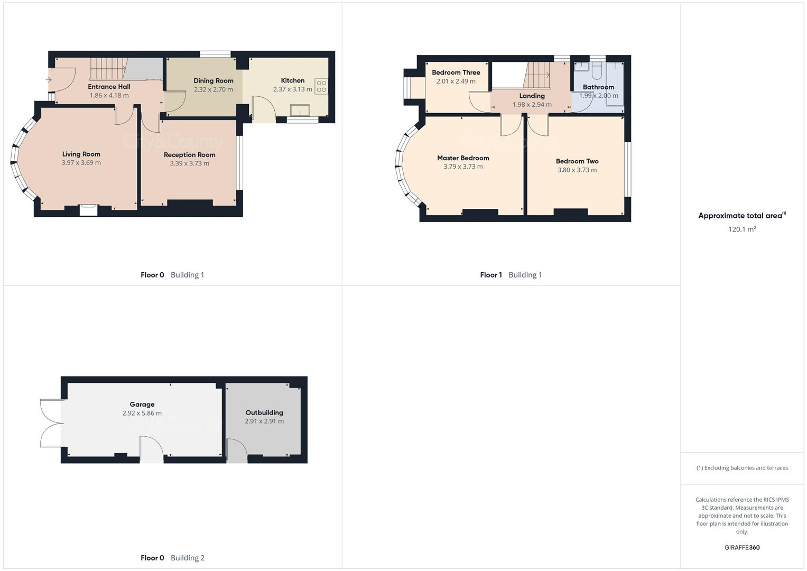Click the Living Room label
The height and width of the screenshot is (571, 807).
(x=81, y=154)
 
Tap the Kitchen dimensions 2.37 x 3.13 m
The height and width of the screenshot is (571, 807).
(x=292, y=89)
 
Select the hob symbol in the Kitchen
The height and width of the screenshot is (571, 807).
(x=321, y=87)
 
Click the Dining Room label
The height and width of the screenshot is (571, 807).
(x=213, y=81)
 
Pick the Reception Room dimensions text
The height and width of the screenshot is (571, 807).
(x=189, y=163)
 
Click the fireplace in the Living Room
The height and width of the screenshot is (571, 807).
(x=88, y=210)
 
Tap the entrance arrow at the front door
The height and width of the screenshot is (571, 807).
(x=48, y=80)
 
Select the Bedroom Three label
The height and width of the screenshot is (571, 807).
(x=456, y=72)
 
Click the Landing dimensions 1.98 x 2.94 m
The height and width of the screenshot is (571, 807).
(x=532, y=105)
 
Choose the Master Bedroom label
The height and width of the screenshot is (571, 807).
(x=463, y=158)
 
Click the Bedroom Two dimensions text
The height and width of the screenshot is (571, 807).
(x=577, y=170)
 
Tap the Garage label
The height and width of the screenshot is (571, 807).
(x=142, y=404)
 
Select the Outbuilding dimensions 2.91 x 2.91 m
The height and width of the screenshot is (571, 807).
(x=264, y=421)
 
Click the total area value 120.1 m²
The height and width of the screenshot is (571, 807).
(x=742, y=229)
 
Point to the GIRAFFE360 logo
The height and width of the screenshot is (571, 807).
(x=742, y=548)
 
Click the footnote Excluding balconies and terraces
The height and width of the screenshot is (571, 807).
(x=742, y=468)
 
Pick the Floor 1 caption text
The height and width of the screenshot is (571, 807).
(x=491, y=275)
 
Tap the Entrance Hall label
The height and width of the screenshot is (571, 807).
(x=109, y=87)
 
